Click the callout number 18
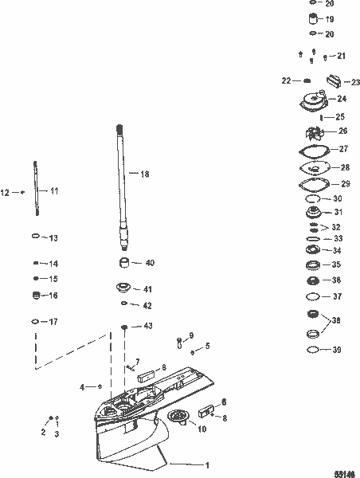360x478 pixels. (x=145, y=173)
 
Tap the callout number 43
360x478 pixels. (x=148, y=327)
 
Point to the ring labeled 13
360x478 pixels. (x=36, y=237)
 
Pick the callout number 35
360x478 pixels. (x=337, y=264)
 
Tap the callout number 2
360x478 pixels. (x=44, y=432)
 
